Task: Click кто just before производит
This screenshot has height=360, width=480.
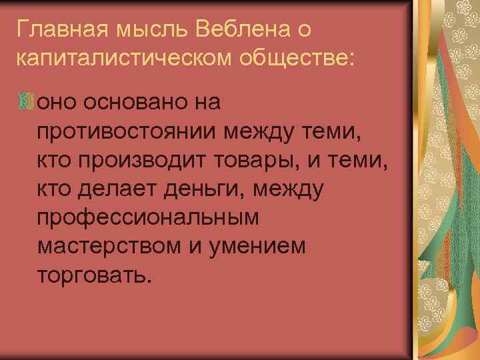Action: pos(56,161)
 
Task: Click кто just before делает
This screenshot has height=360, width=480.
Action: pos(56,190)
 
